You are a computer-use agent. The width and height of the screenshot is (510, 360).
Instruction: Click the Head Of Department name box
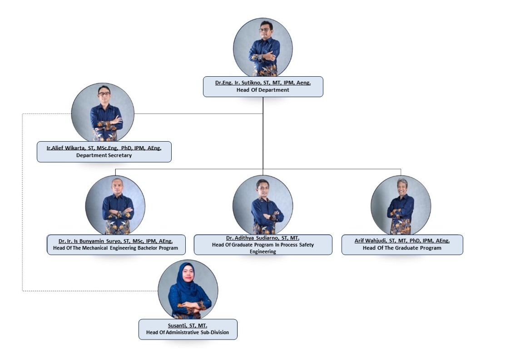[x=262, y=86]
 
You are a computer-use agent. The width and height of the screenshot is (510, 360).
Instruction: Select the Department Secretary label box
[x=104, y=152]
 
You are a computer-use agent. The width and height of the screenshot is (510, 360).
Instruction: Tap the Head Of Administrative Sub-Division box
[x=188, y=329]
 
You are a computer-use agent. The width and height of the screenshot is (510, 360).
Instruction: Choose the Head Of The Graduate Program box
[x=402, y=245]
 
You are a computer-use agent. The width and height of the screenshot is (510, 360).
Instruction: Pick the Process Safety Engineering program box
[x=262, y=245]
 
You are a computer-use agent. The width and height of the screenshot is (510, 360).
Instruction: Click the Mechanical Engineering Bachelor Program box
[x=116, y=245]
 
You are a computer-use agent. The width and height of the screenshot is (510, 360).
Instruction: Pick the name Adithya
[x=245, y=238]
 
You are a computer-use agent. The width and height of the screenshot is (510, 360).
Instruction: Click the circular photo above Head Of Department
[x=263, y=47]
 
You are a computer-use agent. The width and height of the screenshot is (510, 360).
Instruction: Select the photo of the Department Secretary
[x=103, y=113]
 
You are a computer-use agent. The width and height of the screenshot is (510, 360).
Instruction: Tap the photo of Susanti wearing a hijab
[x=188, y=289]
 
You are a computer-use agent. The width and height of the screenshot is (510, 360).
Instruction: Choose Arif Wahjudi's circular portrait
[x=401, y=205]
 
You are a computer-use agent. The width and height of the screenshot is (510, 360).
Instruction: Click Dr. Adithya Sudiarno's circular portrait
[x=262, y=205]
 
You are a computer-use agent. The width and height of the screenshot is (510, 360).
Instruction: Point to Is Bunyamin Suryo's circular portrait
[x=115, y=205]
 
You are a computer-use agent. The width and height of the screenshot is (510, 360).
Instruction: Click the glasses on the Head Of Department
[x=264, y=30]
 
